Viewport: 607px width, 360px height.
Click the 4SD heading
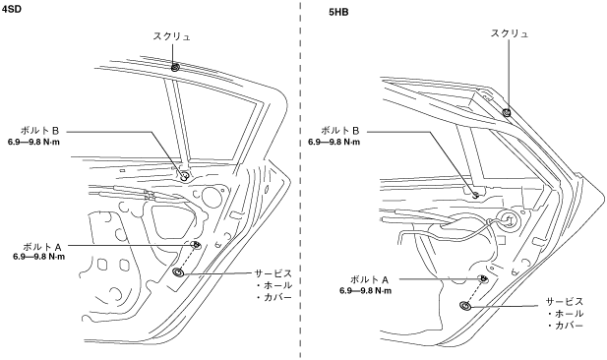point(11,9)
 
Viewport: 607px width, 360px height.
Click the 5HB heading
point(338,13)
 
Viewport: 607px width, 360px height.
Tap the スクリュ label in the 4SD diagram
point(172,36)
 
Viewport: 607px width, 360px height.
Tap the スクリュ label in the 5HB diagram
point(510,33)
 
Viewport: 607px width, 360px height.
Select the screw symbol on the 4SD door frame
point(175,67)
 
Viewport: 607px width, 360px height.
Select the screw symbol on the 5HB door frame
point(507,113)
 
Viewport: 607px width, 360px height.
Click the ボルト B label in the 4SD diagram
point(45,131)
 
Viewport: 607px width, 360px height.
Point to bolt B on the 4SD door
point(184,175)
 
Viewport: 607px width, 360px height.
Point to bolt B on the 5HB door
point(476,195)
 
